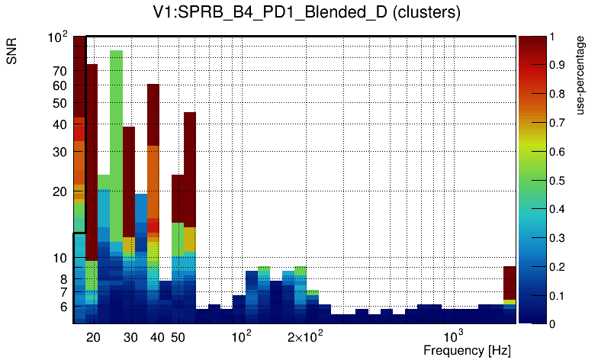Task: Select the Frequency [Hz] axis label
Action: pos(466,350)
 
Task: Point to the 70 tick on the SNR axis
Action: pos(59,71)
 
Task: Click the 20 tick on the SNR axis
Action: pos(59,191)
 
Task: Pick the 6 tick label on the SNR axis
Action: pos(63,307)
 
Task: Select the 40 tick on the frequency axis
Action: pos(157,337)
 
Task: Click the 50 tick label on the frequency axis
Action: pos(177,337)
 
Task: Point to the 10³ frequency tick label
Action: pos(454,336)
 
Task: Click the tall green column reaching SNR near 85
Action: pos(116,137)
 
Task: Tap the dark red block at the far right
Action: pos(510,282)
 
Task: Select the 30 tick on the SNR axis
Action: pos(59,152)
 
